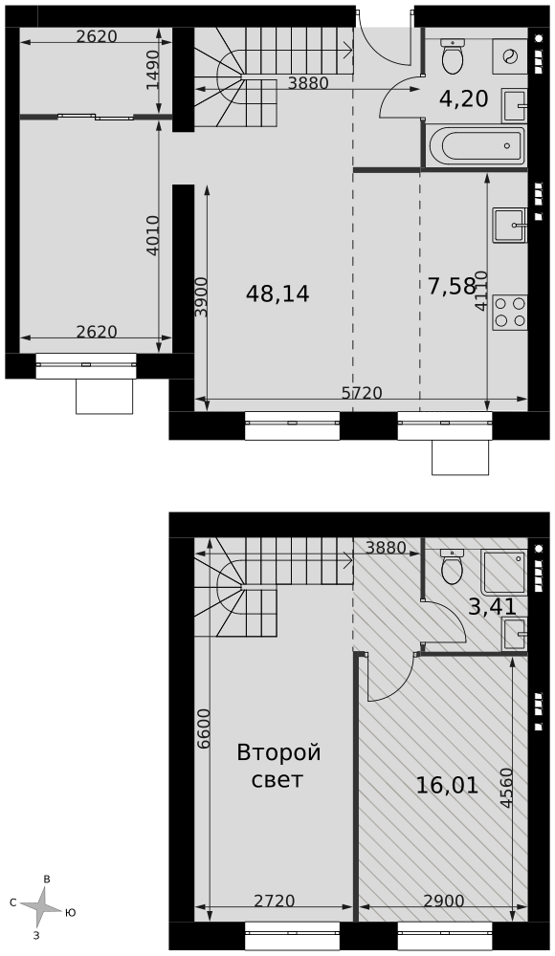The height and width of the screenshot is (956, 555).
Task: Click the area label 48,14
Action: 277,294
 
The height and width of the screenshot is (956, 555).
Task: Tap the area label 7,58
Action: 452,286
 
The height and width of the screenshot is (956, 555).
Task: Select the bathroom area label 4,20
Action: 464,98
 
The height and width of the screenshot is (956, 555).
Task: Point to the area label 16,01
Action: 447,786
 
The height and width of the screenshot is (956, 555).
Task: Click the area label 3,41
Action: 492,607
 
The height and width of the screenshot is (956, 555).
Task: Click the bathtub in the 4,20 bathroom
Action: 477,145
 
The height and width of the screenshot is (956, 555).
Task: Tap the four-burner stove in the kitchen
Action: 510,313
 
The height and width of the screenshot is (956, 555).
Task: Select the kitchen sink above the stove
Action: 510,225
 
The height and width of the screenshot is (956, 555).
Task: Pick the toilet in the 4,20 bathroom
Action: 453,55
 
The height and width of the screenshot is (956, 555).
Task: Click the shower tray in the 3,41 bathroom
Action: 503,572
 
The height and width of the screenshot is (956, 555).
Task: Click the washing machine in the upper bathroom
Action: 509,56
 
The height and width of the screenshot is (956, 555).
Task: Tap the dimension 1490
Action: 153,70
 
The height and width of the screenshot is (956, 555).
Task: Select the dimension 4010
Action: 153,235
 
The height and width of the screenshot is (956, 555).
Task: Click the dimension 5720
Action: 362,393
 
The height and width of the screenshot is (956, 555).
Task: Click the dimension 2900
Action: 444,901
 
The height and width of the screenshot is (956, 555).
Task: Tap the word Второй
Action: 279,753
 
